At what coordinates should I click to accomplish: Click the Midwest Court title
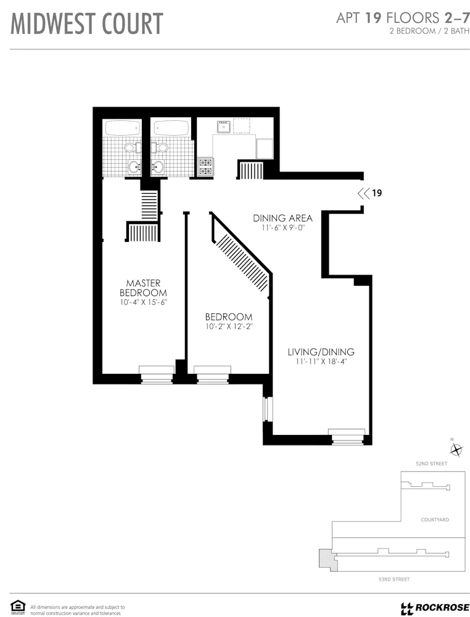(87, 23)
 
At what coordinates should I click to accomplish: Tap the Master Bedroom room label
(143, 288)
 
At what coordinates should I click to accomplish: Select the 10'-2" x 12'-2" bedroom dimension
(229, 326)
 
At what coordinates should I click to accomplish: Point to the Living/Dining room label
(321, 352)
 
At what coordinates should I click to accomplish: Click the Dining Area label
(282, 218)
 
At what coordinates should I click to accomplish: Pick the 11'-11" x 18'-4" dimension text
(321, 362)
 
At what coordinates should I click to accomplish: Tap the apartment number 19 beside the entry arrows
(377, 193)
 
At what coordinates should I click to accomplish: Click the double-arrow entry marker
(363, 193)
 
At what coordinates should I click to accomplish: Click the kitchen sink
(223, 126)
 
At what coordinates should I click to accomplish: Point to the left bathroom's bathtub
(123, 128)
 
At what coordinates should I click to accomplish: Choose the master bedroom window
(157, 374)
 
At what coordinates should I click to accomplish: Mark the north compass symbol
(456, 449)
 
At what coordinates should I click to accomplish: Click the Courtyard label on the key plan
(434, 520)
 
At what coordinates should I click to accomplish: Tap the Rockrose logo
(435, 608)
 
